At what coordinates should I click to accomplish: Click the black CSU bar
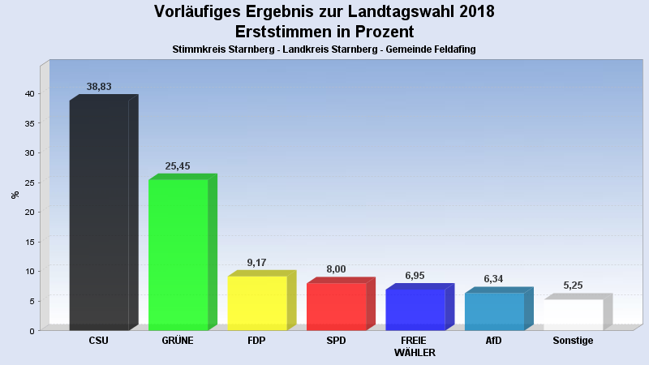pos(99,215)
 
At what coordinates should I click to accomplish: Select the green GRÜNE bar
pos(178,255)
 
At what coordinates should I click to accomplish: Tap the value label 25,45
pos(178,166)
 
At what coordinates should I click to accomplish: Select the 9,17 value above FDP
pos(256,263)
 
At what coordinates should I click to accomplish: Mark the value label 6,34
pos(494,279)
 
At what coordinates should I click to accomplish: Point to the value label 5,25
pos(574,286)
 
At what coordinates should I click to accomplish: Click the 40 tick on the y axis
pos(28,94)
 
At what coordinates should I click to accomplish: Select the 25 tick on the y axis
pos(28,182)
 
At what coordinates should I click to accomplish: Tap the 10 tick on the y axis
pos(28,271)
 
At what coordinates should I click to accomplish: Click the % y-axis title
pos(15,195)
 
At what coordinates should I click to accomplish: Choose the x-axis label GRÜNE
pos(178,341)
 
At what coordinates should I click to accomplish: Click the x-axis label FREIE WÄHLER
pos(415,346)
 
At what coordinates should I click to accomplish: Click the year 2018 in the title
pos(471,12)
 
